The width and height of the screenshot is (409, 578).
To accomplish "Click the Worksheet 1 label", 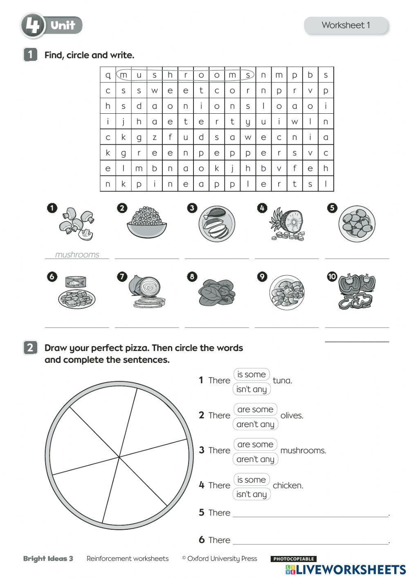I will pos(346,25).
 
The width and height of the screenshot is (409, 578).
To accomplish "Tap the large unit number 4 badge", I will pos(32,26).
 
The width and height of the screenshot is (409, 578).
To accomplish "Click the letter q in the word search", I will pos(108,75).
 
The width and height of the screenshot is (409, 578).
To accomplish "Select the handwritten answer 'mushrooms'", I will pos(77,254).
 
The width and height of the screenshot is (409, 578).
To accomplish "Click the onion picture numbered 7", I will pos(147,291).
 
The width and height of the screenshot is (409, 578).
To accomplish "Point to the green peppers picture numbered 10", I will pos(357,291).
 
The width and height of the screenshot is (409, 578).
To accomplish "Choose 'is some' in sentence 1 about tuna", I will pos(252,374).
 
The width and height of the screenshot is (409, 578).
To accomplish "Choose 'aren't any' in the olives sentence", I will pos(255,424).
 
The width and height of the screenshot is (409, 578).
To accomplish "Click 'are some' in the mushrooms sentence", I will pos(255,444).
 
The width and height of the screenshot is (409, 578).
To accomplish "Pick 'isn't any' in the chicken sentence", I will pos(252,494).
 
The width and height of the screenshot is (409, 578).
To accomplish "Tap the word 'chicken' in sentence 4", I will pos(288,486).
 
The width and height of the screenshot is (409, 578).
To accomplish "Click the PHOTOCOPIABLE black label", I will pos(293,559).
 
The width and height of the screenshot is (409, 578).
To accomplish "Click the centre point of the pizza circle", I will pos(119,457).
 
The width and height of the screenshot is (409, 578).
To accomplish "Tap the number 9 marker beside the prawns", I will pos(262,277).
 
